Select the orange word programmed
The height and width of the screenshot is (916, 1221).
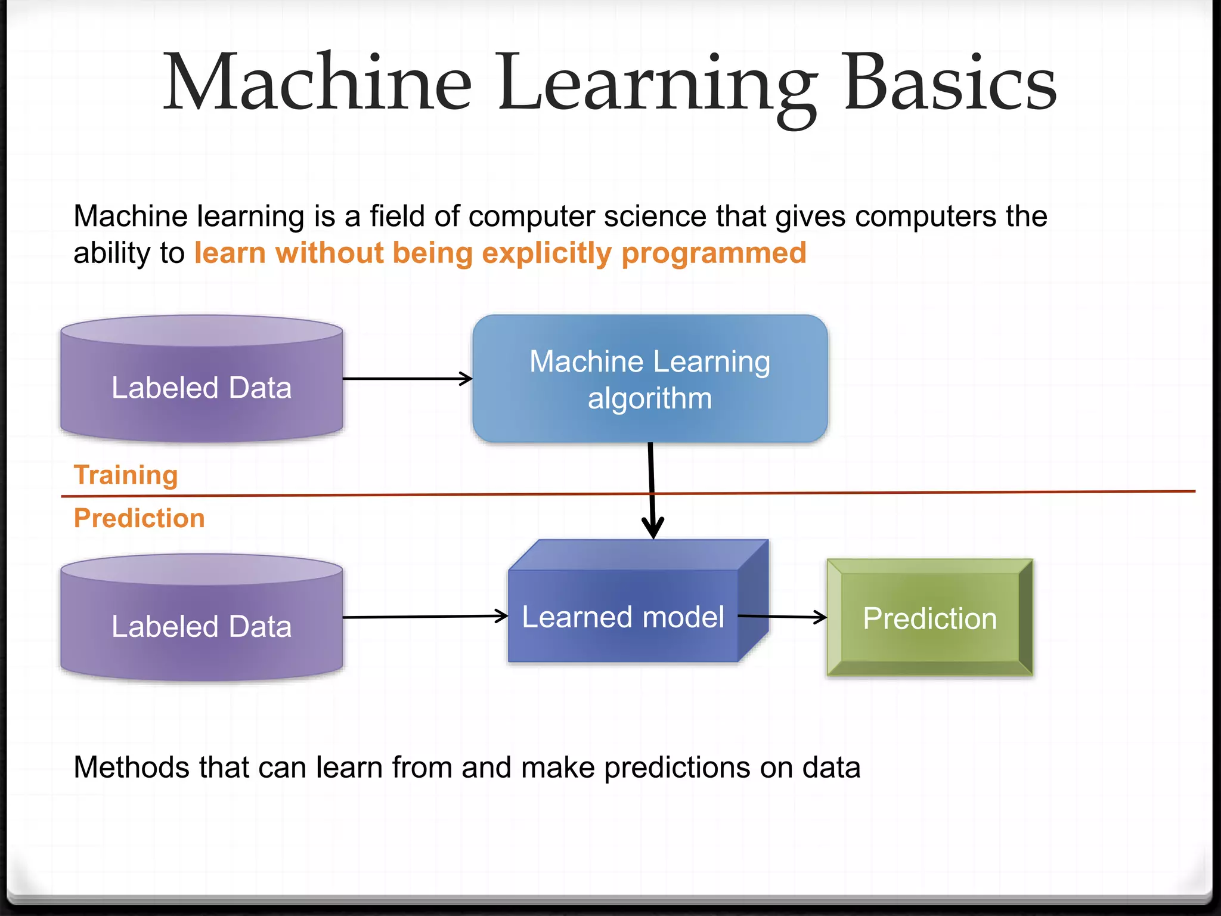[x=714, y=253]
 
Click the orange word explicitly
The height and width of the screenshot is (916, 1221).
[x=546, y=253]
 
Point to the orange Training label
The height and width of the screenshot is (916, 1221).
[x=126, y=475]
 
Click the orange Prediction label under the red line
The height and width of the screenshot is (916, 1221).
[x=139, y=518]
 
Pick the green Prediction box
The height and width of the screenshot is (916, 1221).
[x=929, y=618]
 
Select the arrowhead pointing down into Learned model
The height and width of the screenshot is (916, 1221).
[x=653, y=528]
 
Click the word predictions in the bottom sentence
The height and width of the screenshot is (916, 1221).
[x=677, y=768]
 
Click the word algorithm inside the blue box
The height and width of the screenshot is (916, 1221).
[x=650, y=398]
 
